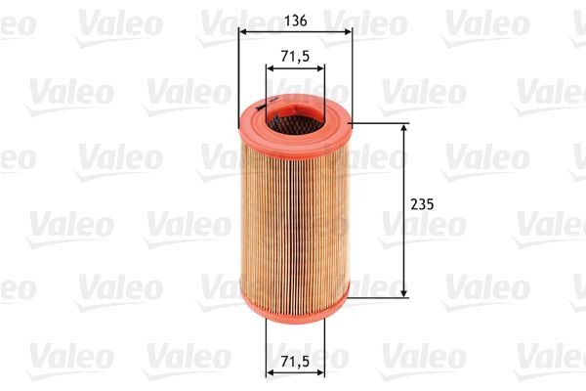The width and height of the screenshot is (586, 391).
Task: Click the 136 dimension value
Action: pyautogui.click(x=294, y=17)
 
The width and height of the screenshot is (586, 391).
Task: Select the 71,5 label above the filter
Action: pyautogui.click(x=295, y=57)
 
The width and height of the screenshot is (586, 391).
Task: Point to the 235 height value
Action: pyautogui.click(x=422, y=205)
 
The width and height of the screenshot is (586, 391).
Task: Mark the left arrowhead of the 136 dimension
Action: pyautogui.click(x=243, y=31)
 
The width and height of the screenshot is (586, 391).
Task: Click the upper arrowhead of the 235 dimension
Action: pyautogui.click(x=404, y=130)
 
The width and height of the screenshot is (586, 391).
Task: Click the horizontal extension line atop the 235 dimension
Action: pyautogui.click(x=381, y=124)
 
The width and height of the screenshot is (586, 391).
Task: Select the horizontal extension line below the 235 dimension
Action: pyautogui.click(x=381, y=296)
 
